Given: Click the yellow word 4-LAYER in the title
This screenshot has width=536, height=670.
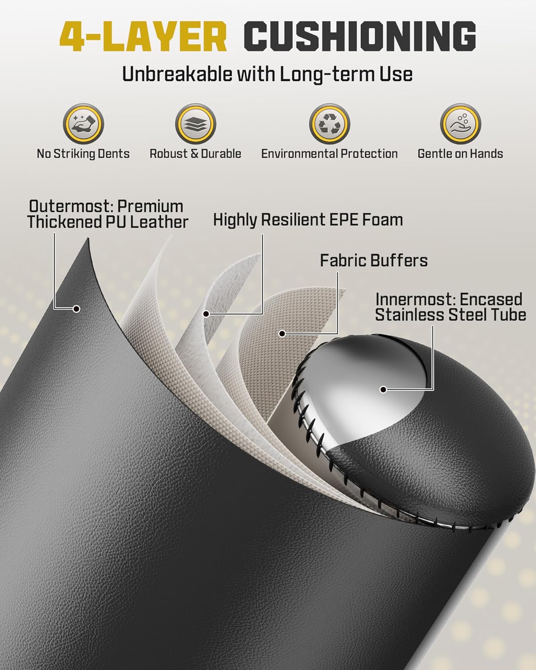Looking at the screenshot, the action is coord(143,37).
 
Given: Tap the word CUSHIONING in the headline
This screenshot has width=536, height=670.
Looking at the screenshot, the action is coord(360,37).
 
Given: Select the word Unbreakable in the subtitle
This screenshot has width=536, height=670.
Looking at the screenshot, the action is coord(176,75).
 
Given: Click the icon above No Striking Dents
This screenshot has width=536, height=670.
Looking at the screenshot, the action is coord(84,124).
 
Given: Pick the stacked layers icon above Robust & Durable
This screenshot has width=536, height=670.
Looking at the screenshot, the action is coord(196,124).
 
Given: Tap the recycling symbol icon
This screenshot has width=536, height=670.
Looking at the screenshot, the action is coord(330,124).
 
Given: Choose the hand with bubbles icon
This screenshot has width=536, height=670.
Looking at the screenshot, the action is coord(461,124).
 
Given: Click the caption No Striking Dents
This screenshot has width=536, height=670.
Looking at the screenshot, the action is coord(83,154).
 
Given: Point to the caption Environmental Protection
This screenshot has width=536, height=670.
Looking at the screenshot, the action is coord(330,154).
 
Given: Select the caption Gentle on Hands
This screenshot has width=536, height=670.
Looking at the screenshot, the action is coord(461,154).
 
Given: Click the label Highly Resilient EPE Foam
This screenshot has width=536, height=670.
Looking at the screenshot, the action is coord(308,220).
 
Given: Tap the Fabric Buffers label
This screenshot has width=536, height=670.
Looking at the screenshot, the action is coord(374,260).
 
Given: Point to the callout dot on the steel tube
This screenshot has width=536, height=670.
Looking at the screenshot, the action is coord(384,389).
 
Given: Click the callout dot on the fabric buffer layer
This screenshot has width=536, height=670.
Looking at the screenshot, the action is coord(282,334).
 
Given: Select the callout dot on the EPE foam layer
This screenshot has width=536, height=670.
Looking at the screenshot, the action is coord(206,314).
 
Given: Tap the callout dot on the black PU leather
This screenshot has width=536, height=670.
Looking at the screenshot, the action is coord(76,309).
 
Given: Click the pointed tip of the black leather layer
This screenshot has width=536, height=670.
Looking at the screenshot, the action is coord(88,239).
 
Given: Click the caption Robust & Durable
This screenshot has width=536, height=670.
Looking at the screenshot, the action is coord(196,154).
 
